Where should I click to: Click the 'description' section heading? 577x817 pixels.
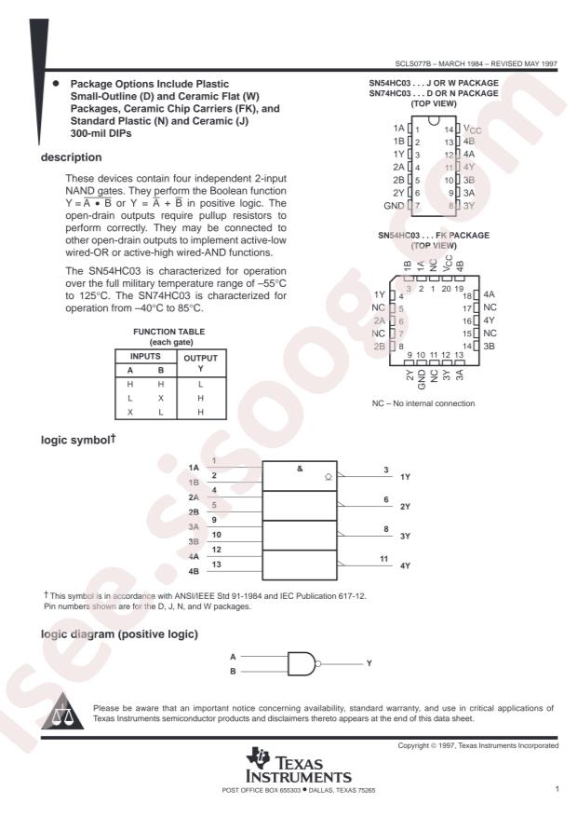68,157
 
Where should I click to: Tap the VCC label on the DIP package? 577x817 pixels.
472,129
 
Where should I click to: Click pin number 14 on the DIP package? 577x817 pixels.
449,129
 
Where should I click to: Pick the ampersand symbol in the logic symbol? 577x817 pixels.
300,468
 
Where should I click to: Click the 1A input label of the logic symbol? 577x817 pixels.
194,467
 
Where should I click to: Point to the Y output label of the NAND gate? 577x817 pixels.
369,662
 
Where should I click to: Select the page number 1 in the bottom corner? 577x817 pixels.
556,790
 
